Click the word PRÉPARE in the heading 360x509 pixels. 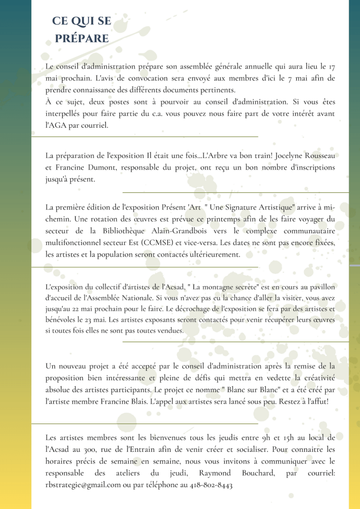[x=82, y=38]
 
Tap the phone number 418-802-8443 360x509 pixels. [x=211, y=485]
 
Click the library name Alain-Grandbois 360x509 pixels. [x=176, y=231]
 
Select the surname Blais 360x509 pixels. [x=135, y=400]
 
